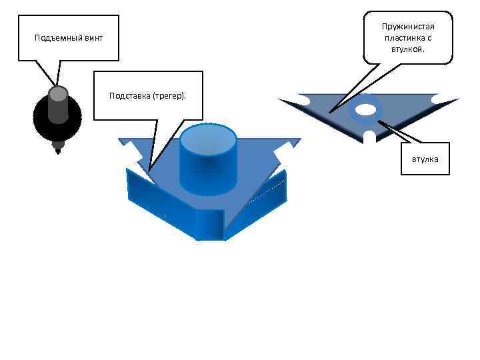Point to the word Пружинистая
[408, 26]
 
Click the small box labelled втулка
[425, 159]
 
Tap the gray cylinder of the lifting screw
[58, 104]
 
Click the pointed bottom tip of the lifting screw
[58, 150]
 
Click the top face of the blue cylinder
[208, 139]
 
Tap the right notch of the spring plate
[437, 100]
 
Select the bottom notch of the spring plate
[367, 137]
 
